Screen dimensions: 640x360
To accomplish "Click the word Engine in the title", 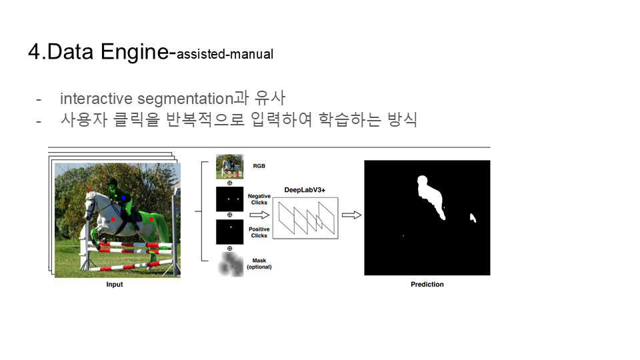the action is [134, 53].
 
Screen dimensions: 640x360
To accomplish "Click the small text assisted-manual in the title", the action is [225, 54].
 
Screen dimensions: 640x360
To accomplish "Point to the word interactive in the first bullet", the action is [96, 99].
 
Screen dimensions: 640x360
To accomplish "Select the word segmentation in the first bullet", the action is [185, 99].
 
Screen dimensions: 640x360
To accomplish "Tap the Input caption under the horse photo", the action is [114, 285].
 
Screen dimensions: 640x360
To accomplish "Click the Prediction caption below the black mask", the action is [427, 285].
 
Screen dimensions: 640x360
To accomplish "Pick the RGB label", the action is [259, 166].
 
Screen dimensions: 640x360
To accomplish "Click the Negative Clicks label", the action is [259, 199].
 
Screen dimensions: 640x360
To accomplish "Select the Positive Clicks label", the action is [259, 232].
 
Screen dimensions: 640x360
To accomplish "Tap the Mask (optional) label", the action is [259, 264].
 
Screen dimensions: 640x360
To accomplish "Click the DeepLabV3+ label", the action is [305, 190].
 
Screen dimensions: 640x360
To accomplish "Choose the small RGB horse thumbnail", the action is [230, 167].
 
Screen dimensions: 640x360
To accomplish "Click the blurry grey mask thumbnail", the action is [231, 265].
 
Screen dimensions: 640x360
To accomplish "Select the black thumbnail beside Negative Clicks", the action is [230, 199].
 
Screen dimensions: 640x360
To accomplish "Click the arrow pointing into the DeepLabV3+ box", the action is [259, 215].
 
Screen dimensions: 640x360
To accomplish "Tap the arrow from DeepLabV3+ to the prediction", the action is [351, 215].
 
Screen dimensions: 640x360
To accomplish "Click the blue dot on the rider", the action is [123, 197].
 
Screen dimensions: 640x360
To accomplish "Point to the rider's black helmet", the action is [112, 181].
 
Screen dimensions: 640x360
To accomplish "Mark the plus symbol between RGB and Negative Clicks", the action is [230, 183].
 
